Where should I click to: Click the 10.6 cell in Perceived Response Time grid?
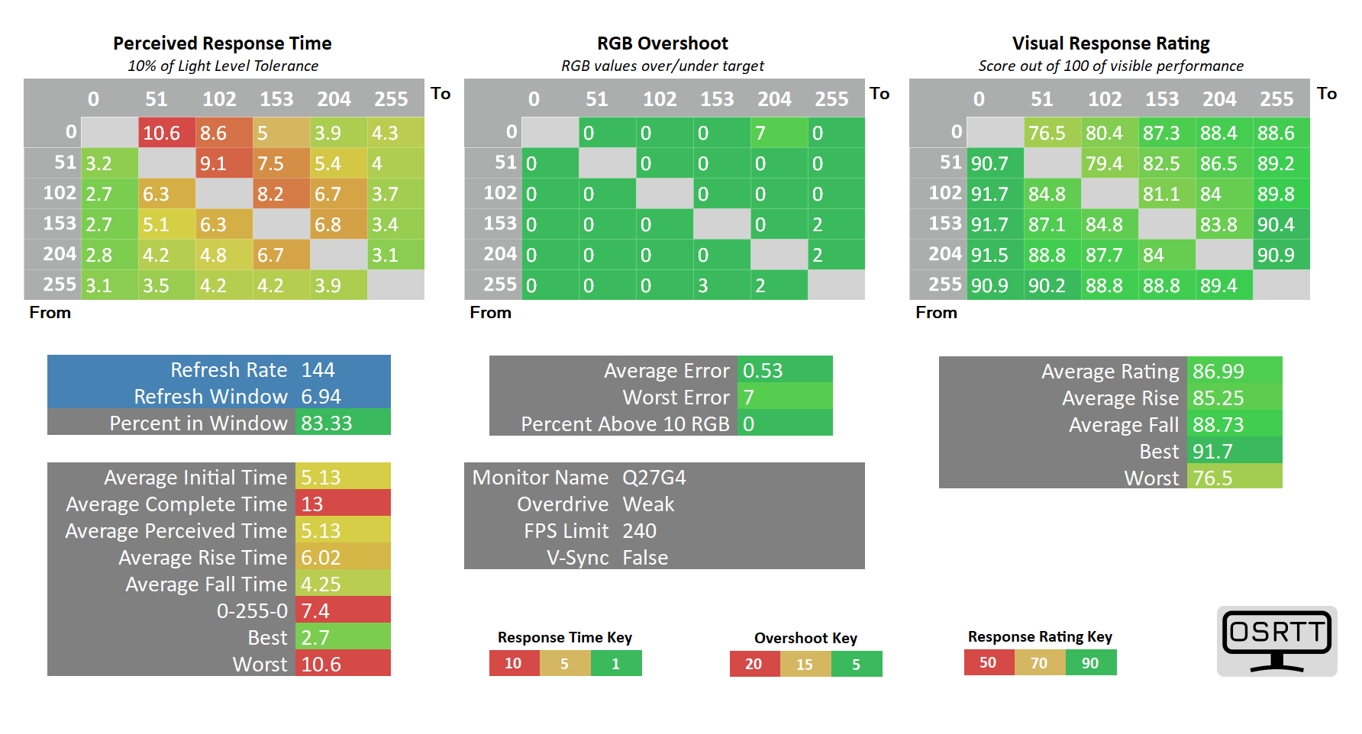pyautogui.click(x=166, y=133)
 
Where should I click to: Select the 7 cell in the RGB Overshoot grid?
pyautogui.click(x=779, y=133)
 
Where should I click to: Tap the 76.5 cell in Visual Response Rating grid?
pyautogui.click(x=1052, y=133)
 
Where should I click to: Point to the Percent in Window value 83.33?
pyautogui.click(x=343, y=423)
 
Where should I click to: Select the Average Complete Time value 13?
pyautogui.click(x=343, y=504)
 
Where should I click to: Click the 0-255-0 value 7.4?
pyautogui.click(x=343, y=610)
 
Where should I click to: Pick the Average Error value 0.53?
pyautogui.click(x=785, y=370)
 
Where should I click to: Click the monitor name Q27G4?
pyautogui.click(x=654, y=478)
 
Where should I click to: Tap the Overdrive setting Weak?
pyautogui.click(x=648, y=504)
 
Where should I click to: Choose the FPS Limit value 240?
pyautogui.click(x=640, y=531)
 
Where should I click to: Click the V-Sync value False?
pyautogui.click(x=645, y=558)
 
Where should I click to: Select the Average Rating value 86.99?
pyautogui.click(x=1235, y=371)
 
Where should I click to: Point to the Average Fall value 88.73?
pyautogui.click(x=1235, y=424)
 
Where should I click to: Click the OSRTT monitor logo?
pyautogui.click(x=1277, y=641)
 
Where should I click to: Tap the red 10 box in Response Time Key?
pyautogui.click(x=514, y=663)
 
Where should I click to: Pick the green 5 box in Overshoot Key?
pyautogui.click(x=857, y=664)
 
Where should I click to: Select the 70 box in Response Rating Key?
pyautogui.click(x=1040, y=662)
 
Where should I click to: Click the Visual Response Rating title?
pyautogui.click(x=1111, y=43)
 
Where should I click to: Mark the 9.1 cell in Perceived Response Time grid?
pyautogui.click(x=224, y=163)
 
